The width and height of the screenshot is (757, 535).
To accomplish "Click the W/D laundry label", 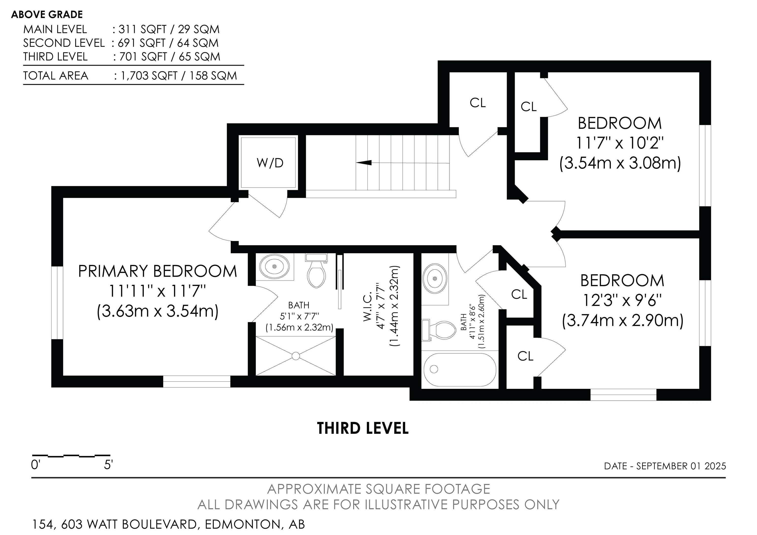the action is [x=270, y=163].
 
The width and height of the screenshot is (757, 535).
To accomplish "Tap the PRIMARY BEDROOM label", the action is [x=158, y=271].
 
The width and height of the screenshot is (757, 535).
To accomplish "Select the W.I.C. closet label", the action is [x=368, y=303].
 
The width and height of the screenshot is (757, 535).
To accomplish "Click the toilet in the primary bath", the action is [x=316, y=270].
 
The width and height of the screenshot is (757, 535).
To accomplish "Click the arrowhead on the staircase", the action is [x=364, y=163].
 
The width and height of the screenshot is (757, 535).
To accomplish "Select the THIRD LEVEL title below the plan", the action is [x=363, y=428].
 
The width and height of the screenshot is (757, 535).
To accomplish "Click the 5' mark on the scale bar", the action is [x=108, y=465].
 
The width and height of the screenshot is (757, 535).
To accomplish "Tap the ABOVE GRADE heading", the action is [x=47, y=15].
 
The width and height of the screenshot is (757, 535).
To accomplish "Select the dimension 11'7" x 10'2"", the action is [x=620, y=143].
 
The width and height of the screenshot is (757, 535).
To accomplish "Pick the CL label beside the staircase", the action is [x=478, y=103].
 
